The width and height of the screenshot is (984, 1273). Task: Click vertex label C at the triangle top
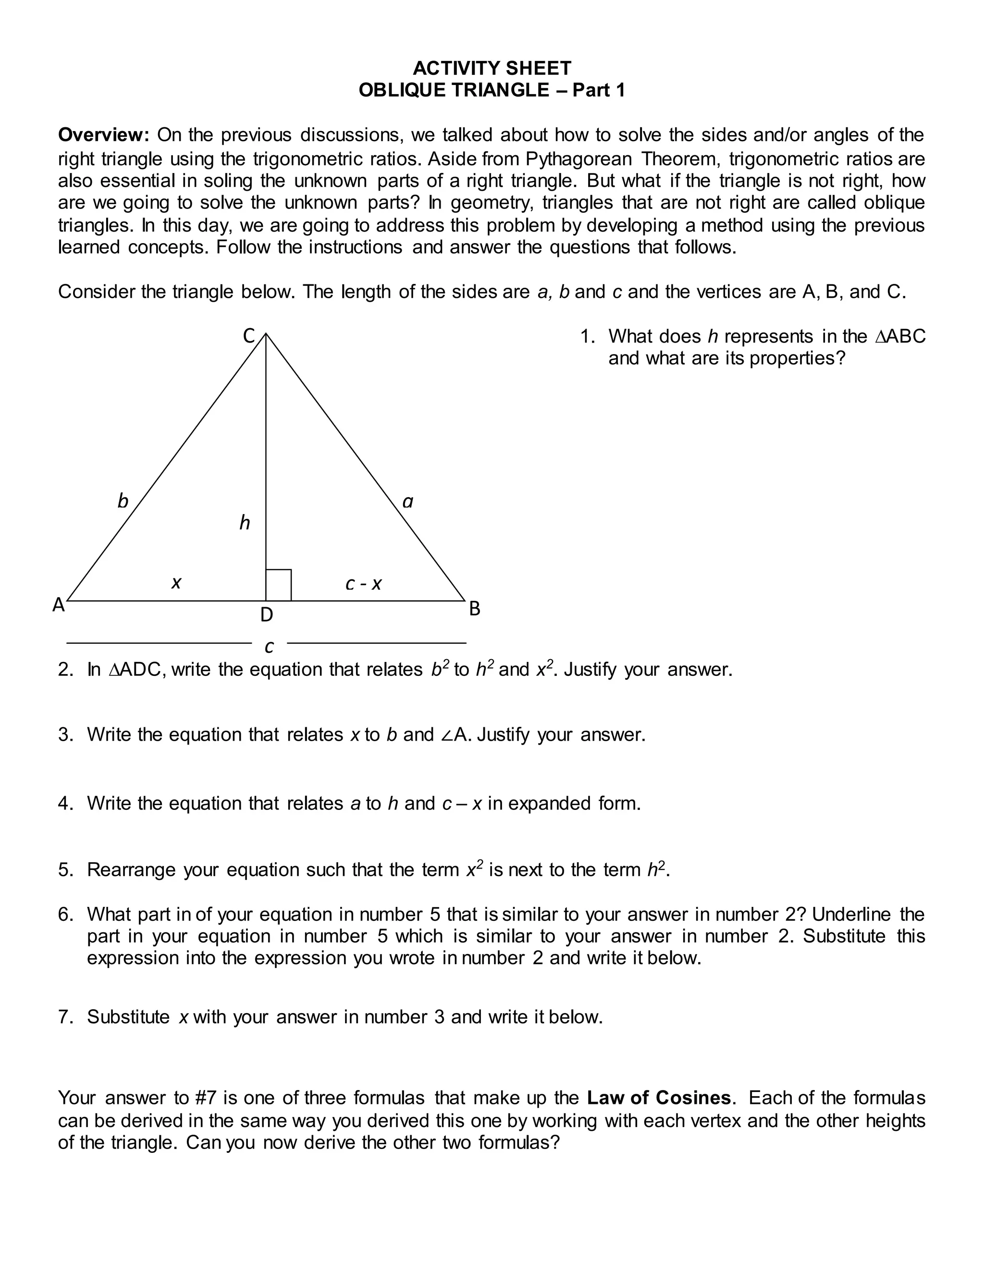[249, 336]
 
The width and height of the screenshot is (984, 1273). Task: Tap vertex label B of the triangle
[475, 609]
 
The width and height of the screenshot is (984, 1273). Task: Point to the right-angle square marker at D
[279, 585]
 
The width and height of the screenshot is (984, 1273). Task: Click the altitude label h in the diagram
[245, 523]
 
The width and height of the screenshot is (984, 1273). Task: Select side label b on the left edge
[123, 501]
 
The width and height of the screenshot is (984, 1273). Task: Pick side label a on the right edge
[408, 501]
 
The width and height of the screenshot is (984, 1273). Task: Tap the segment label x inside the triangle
[176, 582]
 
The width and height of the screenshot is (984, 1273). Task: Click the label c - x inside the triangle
[363, 584]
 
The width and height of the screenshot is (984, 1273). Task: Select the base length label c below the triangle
[269, 647]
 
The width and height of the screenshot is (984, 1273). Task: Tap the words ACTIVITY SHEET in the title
[492, 68]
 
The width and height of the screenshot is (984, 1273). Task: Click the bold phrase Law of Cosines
[659, 1098]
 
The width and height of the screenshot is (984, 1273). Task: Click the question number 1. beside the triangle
[587, 337]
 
